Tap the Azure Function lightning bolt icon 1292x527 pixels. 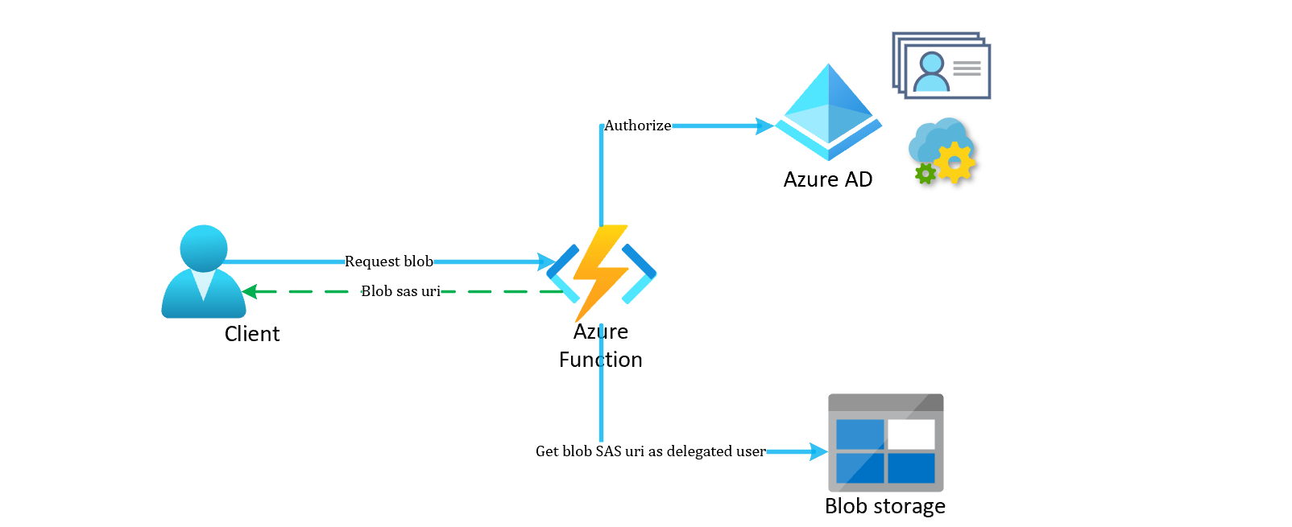(x=601, y=272)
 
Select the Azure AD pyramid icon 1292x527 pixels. (x=828, y=113)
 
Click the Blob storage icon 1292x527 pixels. (x=885, y=443)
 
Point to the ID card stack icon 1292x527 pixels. (x=941, y=66)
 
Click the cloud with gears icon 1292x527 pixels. (x=942, y=150)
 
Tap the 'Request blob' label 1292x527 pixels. (x=388, y=261)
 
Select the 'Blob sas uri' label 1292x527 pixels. (x=400, y=291)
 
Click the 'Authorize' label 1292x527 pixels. (x=637, y=126)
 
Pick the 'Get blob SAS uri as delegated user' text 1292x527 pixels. (x=650, y=451)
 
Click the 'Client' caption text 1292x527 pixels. (x=251, y=334)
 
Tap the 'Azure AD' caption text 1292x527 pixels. (x=827, y=179)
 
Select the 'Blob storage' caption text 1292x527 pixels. (x=884, y=506)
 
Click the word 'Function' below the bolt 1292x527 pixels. (x=600, y=360)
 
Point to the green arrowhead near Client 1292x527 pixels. (x=250, y=291)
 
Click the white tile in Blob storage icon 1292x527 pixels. (x=911, y=434)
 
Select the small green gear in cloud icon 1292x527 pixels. (x=926, y=173)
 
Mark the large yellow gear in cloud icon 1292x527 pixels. (x=955, y=163)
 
